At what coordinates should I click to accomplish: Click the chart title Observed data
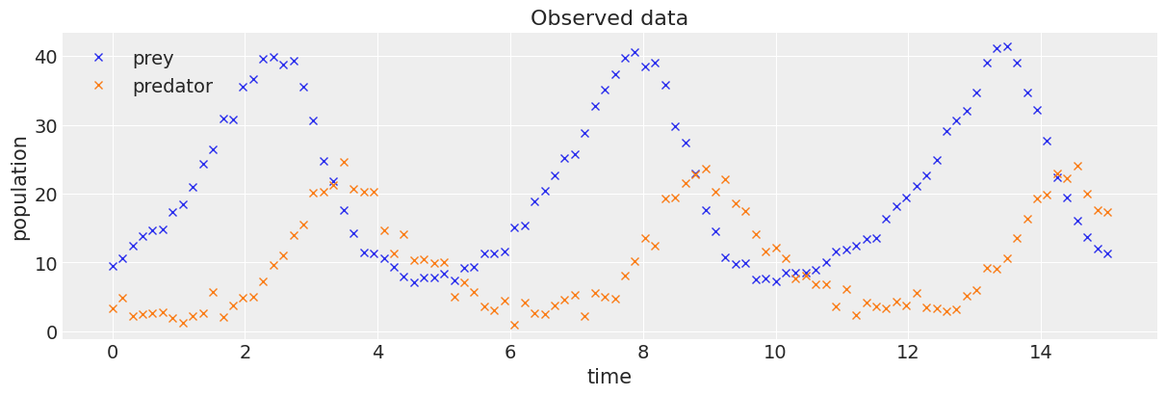tap(609, 18)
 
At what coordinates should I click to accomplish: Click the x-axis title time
tap(609, 377)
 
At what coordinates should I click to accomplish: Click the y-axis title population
tap(19, 188)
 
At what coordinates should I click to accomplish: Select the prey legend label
tap(153, 59)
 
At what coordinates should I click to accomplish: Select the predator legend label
tap(172, 87)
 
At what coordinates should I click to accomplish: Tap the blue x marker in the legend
tap(98, 58)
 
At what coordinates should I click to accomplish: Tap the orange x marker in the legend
tap(98, 86)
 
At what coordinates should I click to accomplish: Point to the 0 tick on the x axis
tap(113, 352)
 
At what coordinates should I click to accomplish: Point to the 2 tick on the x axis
tap(245, 352)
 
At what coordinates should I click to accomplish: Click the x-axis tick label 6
tap(510, 352)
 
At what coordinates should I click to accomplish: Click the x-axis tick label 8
tap(643, 352)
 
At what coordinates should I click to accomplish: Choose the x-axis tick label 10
tap(775, 352)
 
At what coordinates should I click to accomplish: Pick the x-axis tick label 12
tap(908, 352)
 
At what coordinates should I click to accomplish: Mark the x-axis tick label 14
tap(1041, 352)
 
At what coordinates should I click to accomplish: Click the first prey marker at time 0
tap(113, 266)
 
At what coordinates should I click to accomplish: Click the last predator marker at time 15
tap(1107, 212)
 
